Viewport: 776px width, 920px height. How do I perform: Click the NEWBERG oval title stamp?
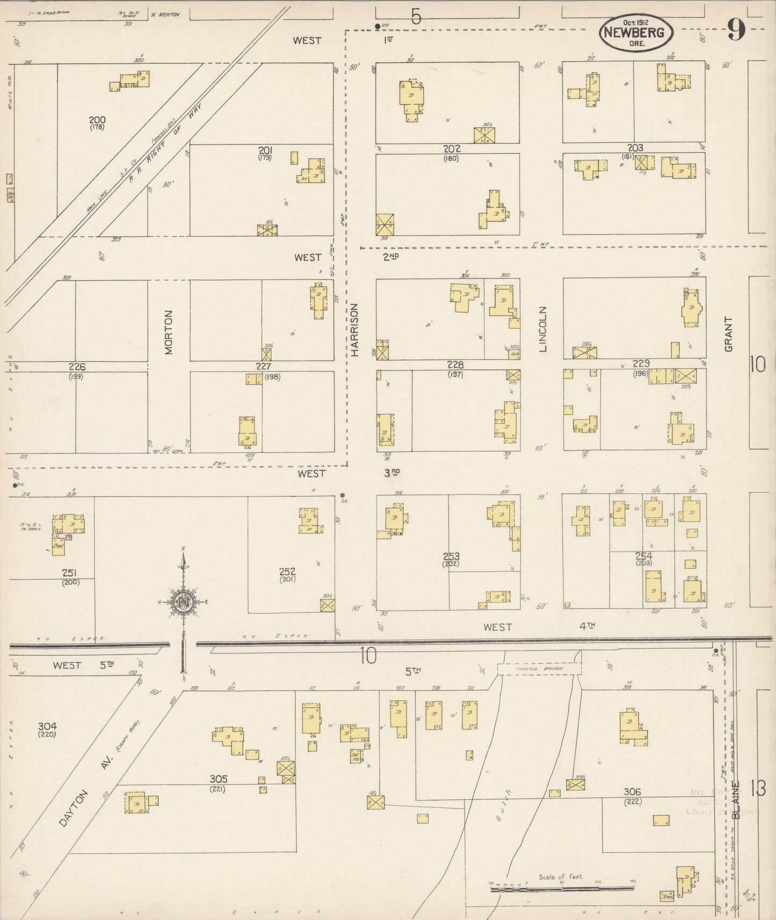coord(635,33)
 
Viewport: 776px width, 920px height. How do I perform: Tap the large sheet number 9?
coord(736,31)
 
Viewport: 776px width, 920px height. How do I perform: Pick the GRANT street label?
coord(728,334)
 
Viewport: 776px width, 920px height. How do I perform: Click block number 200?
coord(97,120)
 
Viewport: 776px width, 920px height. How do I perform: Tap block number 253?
coord(451,557)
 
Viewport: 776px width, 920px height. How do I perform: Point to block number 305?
coord(219,779)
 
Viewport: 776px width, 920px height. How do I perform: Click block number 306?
coord(633,792)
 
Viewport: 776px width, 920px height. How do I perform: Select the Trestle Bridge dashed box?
coord(539,669)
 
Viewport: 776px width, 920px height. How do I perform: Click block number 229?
coord(641,363)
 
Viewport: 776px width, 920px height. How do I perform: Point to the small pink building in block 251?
coord(68,537)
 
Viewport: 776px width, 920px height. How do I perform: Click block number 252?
coord(287,572)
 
